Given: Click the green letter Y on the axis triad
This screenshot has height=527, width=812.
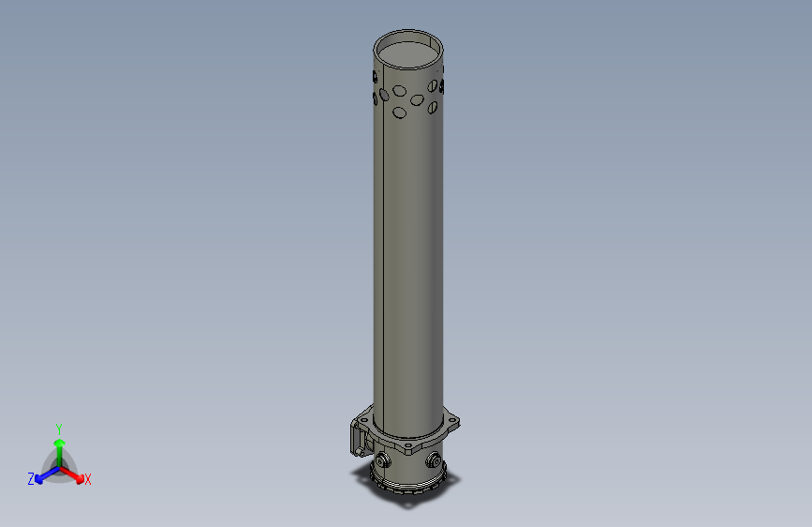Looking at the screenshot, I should [x=59, y=428].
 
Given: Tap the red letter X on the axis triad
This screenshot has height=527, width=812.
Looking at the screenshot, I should [x=88, y=479].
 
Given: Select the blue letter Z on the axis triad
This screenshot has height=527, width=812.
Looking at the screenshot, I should [x=30, y=478].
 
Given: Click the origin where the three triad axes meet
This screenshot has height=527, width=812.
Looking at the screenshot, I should [x=59, y=467].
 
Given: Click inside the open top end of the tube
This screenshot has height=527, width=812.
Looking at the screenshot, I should [x=408, y=52].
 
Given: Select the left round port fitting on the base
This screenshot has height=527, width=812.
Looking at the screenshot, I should [x=385, y=459].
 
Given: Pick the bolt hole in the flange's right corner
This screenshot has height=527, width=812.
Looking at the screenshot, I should [x=455, y=421].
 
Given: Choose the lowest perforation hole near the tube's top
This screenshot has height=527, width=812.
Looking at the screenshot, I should [x=400, y=113].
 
